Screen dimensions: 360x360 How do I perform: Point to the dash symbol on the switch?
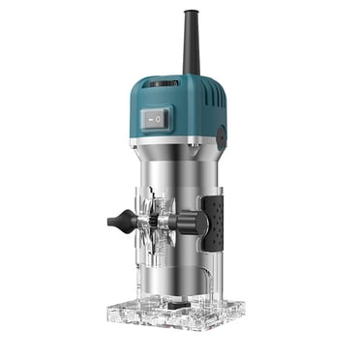149,117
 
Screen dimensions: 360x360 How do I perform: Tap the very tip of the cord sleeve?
190,14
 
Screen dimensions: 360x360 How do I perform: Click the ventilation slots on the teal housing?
206,93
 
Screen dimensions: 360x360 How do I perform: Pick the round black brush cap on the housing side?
222,136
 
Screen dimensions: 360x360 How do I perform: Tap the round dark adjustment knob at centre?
193,224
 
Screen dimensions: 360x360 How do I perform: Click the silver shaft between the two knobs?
160,222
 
